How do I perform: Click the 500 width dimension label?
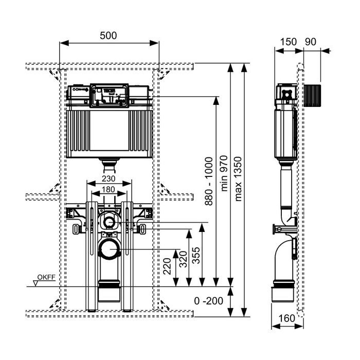click(x=109, y=35)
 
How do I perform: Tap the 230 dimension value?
click(x=108, y=178)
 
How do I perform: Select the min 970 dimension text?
click(x=224, y=173)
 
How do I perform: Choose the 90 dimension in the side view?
click(x=310, y=42)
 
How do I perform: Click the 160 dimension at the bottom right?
click(x=287, y=318)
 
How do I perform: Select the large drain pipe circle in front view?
click(x=108, y=251)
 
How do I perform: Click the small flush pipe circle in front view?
click(x=109, y=222)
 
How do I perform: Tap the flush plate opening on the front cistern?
click(x=109, y=95)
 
